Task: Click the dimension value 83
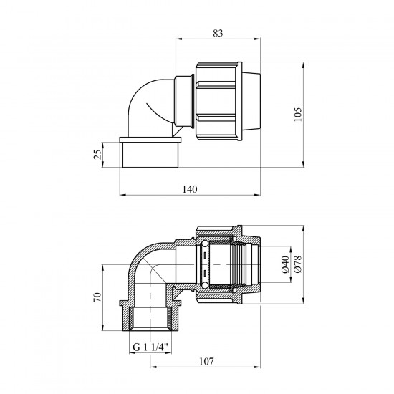pyautogui.click(x=218, y=33)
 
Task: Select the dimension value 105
pyautogui.click(x=298, y=115)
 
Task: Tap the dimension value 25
pyautogui.click(x=97, y=154)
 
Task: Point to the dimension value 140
pyautogui.click(x=190, y=189)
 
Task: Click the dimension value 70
pyautogui.click(x=97, y=297)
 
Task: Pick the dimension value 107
pyautogui.click(x=206, y=362)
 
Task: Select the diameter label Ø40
pyautogui.click(x=285, y=264)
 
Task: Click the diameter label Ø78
pyautogui.click(x=298, y=264)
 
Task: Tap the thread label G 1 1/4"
pyautogui.click(x=150, y=347)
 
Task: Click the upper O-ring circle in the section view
pyautogui.click(x=205, y=244)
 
